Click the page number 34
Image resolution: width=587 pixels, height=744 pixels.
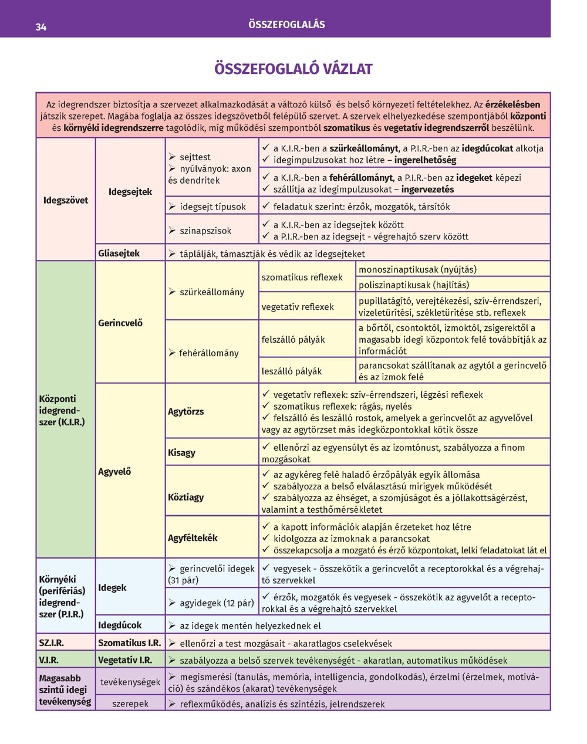[x=41, y=26]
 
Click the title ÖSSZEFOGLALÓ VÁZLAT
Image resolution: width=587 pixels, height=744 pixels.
[x=293, y=69]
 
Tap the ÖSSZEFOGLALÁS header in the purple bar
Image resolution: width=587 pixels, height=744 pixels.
[x=286, y=25]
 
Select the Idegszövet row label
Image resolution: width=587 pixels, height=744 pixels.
[x=66, y=200]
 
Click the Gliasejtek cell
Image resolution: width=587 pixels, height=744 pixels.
[x=119, y=253]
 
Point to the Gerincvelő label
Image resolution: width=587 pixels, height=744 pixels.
[x=120, y=323]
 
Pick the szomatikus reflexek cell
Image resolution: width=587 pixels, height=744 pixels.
[x=302, y=277]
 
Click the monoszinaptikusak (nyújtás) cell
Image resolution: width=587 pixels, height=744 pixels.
[x=417, y=269]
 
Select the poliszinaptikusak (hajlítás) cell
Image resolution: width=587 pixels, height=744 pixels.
[x=414, y=285]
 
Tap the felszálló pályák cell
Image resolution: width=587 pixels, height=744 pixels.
[x=293, y=339]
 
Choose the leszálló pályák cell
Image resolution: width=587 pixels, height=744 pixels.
[x=292, y=371]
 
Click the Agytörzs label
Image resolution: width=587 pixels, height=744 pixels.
[x=186, y=411]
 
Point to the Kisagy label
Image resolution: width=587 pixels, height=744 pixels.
[x=182, y=452]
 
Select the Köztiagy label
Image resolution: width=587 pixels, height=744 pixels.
[x=186, y=497]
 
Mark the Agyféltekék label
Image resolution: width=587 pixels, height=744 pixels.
[x=193, y=537]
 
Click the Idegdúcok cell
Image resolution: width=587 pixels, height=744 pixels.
[x=120, y=625]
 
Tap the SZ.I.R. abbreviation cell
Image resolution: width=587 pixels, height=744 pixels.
[x=52, y=642]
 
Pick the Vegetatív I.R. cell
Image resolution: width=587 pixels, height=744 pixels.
[x=125, y=660]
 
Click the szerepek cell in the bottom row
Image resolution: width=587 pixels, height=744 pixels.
[x=130, y=704]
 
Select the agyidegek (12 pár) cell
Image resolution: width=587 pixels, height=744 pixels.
[x=211, y=603]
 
